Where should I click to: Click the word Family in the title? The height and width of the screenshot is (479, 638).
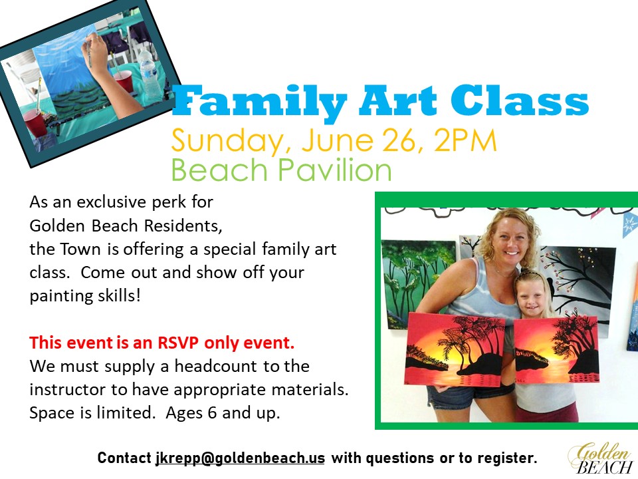pos(260,101)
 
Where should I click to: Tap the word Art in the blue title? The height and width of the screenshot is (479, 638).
pos(397,100)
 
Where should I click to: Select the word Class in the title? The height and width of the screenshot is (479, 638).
pos(519,100)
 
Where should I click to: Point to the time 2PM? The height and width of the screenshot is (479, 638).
pos(465,140)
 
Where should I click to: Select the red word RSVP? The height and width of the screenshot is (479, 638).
pos(178,343)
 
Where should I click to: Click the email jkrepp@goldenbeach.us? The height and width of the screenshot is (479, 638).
pos(240,458)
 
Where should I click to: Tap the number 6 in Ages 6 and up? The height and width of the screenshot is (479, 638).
pos(212,413)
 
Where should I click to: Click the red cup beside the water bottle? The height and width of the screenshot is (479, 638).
pos(123,81)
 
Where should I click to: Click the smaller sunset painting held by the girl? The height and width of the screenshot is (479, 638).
pos(556,351)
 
